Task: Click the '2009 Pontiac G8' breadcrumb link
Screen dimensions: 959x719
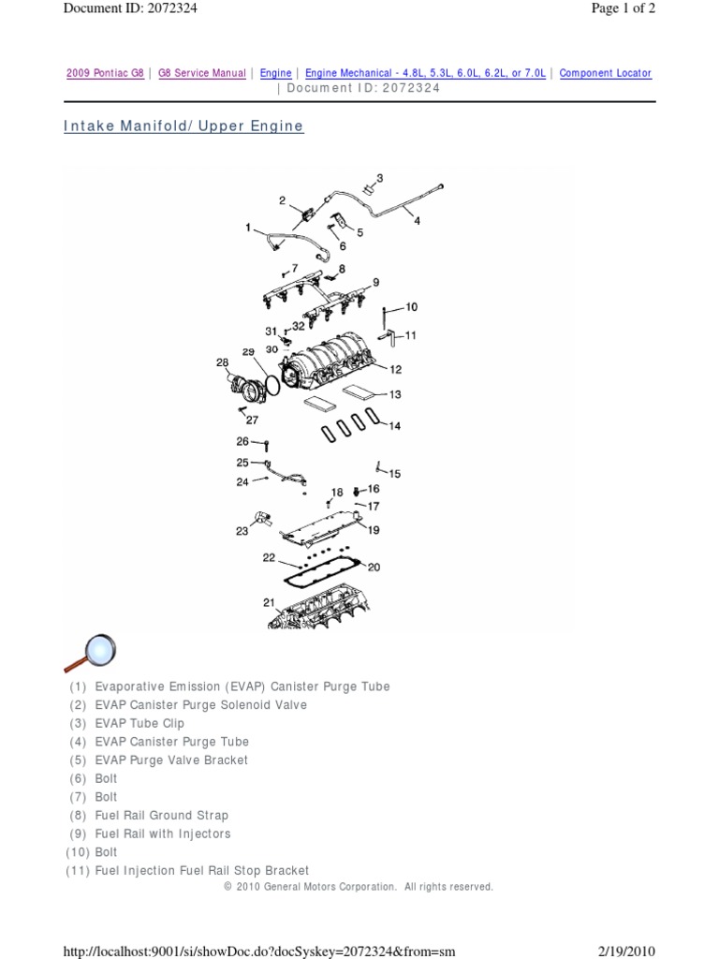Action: coord(105,73)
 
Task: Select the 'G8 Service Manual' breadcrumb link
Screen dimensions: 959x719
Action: coord(202,73)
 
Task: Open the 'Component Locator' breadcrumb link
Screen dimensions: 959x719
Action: coord(605,73)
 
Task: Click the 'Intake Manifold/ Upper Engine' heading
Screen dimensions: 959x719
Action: coord(183,125)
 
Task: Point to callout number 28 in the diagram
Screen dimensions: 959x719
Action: coord(222,362)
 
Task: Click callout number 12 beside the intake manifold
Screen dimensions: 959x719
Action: coord(396,369)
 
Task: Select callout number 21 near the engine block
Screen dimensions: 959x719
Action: coord(269,602)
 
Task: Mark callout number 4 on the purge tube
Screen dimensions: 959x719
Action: coord(417,221)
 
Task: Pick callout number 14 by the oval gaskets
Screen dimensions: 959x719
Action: coord(394,426)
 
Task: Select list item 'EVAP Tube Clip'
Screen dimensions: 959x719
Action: coord(139,723)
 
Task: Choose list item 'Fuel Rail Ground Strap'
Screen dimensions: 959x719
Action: coord(161,816)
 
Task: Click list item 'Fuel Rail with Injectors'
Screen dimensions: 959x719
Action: coord(162,834)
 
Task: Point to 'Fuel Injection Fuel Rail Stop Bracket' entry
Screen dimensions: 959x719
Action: coord(201,871)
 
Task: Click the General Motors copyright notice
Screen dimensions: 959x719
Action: coord(359,887)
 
